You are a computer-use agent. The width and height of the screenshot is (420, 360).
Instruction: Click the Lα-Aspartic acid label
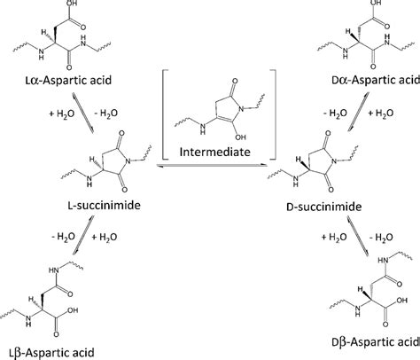68,80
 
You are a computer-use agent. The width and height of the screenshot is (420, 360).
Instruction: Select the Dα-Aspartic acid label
376,80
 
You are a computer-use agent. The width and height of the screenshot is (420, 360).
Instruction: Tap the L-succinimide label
104,205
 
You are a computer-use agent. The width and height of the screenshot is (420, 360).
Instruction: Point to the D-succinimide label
324,207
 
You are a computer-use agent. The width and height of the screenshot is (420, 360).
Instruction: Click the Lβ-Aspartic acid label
51,353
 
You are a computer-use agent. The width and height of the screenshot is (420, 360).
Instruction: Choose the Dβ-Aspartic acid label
376,342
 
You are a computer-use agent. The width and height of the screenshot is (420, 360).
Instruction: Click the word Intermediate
214,152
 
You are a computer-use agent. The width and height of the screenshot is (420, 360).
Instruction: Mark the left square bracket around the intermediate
164,114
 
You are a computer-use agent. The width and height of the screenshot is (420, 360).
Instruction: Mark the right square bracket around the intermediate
274,114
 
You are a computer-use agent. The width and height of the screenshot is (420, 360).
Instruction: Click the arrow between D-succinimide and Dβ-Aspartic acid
358,236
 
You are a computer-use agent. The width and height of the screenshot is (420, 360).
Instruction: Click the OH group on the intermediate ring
241,137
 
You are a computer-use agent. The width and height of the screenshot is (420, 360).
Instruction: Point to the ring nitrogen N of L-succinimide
128,161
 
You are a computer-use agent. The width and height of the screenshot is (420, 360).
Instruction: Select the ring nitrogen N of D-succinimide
334,161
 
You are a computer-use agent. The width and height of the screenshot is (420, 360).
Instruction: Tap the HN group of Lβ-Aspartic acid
54,270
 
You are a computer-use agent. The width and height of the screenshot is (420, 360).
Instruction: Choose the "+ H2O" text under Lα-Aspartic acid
62,113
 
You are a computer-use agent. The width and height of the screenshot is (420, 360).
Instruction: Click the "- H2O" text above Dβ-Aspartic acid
381,237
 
